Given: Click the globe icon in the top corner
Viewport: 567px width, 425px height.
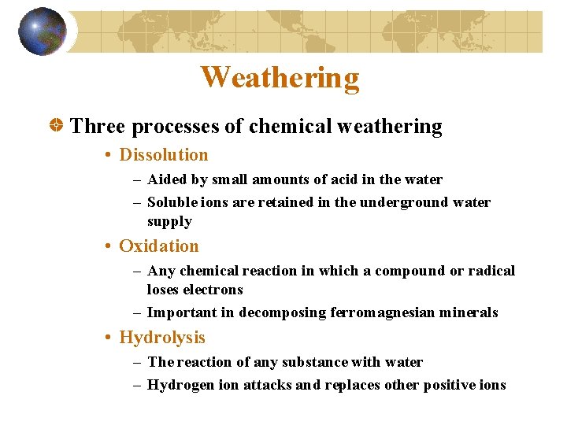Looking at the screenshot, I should tap(43, 31).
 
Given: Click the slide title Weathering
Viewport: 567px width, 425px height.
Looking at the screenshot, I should tap(280, 78).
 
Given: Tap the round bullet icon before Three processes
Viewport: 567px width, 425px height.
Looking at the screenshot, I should tap(57, 127).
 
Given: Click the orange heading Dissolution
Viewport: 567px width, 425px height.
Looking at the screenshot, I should tap(163, 155).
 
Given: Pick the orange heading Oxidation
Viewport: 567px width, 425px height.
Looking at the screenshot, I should tap(158, 246).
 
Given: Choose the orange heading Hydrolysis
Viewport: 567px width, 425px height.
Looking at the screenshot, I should tap(161, 338).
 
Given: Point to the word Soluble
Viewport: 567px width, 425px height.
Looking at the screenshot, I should tap(173, 202).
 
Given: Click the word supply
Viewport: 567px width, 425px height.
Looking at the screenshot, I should tap(169, 221).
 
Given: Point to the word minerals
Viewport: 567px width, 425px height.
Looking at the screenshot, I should tap(468, 312).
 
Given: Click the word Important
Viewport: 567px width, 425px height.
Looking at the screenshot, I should tap(182, 312).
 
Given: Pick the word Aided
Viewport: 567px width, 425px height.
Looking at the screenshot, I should tap(167, 179).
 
